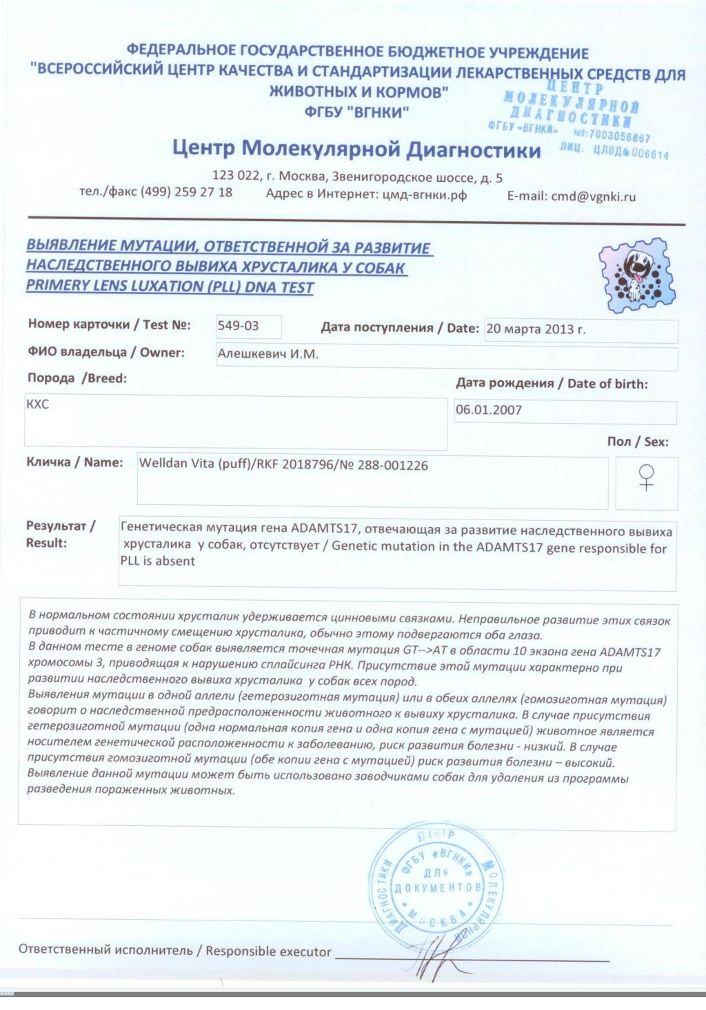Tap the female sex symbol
coord(646,477)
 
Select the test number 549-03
coord(238,326)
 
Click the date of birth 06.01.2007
coord(489,410)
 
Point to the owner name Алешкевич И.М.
coord(268,355)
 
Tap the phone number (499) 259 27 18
coord(186,192)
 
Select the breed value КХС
coord(37,404)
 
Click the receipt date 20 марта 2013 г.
coord(536,329)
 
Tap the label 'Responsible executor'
coord(268,951)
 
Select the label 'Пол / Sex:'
coord(637,442)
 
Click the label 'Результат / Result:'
coord(60,535)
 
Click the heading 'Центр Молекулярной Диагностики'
coord(356,149)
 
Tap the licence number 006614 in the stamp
coord(649,154)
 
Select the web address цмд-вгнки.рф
coord(424,195)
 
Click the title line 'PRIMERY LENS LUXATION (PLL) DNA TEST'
coord(170,287)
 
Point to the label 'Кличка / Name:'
coord(74,462)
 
